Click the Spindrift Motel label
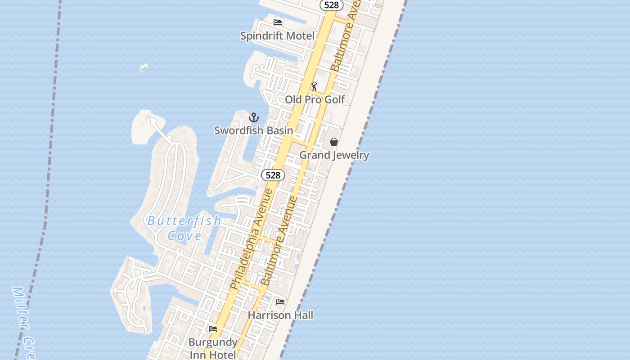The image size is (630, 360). tap(277, 36)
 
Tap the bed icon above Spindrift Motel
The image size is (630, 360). tap(278, 22)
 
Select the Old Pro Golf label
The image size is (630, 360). tap(315, 99)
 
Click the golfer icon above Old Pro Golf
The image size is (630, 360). tap(314, 86)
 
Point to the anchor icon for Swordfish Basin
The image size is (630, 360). tap(254, 118)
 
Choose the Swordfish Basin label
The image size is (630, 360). tap(253, 130)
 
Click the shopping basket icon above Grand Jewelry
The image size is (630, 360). tap(334, 142)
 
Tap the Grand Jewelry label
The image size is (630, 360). tap(334, 155)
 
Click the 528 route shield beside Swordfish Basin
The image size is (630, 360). tap(273, 175)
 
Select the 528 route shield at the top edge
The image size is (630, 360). tap(332, 5)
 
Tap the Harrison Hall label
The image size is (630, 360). tap(280, 315)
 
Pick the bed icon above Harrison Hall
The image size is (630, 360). tap(280, 301)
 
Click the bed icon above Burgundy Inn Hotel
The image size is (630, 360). tap(213, 329)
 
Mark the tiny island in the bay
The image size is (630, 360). tap(144, 67)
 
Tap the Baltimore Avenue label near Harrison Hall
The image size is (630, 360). tap(280, 241)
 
